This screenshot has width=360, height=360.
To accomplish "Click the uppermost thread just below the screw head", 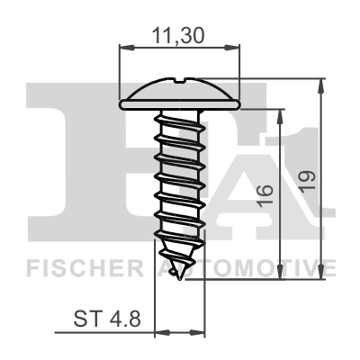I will (180, 117).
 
